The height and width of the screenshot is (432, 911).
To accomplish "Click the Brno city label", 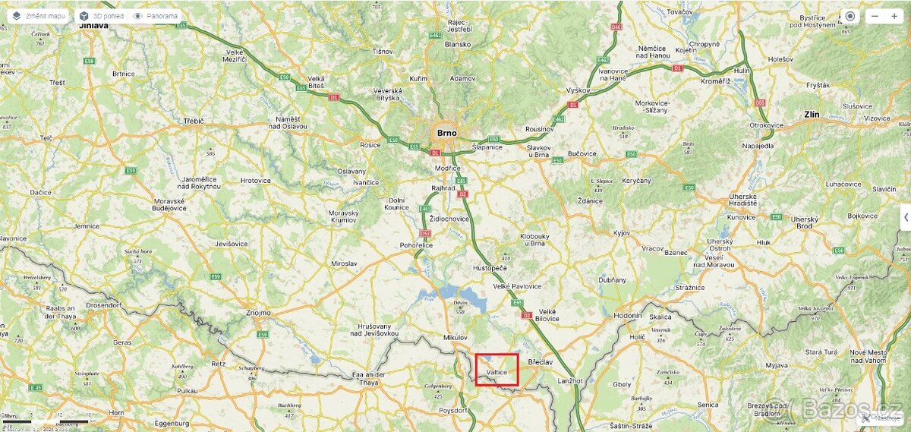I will pos(447,133).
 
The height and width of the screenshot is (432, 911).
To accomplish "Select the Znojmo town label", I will pos(258,312).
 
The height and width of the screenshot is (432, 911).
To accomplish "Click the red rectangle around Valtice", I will pos(497,370).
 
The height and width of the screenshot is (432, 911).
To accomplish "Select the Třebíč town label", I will pos(194,121).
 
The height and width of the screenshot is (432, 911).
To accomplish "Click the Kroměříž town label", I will pos(714,80).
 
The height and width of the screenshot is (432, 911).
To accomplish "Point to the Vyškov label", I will pos(578,90).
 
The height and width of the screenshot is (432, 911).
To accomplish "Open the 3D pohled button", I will pos(102,15).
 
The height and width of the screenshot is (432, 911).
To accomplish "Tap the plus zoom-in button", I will pos(894,16).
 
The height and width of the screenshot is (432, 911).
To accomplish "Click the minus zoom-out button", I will pos(875,16).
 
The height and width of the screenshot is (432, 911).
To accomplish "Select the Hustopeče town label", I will pos(489,268).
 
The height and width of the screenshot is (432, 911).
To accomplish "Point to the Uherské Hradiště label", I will pos(742,200).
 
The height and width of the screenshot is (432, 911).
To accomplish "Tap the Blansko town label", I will pos(458,44).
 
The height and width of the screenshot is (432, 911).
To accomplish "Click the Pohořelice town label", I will pos(416,245).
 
